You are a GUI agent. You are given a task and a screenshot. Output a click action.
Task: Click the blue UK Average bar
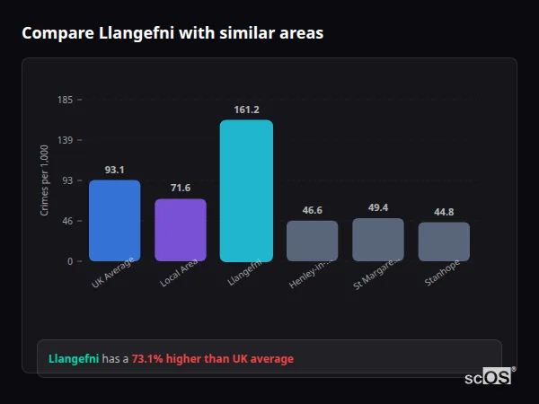pos(114,220)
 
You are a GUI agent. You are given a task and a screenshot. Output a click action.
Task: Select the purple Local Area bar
pos(181,230)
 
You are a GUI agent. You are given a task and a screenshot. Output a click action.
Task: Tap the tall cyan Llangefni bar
pos(246,190)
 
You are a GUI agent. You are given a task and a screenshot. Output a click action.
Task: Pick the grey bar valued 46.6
pos(312,241)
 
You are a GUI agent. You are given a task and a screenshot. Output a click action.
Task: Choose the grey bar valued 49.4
pos(378,240)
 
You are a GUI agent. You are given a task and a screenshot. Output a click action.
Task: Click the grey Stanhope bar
pos(444,242)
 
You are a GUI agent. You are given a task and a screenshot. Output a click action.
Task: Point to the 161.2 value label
pos(246,110)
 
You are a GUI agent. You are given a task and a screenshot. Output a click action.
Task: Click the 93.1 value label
pos(114,170)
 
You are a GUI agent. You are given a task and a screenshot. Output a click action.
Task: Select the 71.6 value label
pos(181,188)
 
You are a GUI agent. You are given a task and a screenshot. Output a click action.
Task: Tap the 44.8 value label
pos(444,212)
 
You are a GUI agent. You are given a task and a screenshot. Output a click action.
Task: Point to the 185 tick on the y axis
pos(66,100)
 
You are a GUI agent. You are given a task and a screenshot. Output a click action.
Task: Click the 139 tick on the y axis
pos(66,140)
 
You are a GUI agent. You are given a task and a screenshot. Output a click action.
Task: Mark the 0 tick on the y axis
pos(69,261)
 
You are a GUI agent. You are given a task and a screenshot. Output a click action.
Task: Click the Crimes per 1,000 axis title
pos(45,180)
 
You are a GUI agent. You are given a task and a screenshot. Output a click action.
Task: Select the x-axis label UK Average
pos(113,274)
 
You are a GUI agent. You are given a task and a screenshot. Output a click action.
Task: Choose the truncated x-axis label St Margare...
pos(376,274)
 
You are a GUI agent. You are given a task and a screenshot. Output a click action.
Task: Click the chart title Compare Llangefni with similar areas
pos(172,33)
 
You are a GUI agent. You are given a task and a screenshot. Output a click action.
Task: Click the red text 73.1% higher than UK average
pos(213,359)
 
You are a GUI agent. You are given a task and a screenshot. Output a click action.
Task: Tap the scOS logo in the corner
pos(489,377)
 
